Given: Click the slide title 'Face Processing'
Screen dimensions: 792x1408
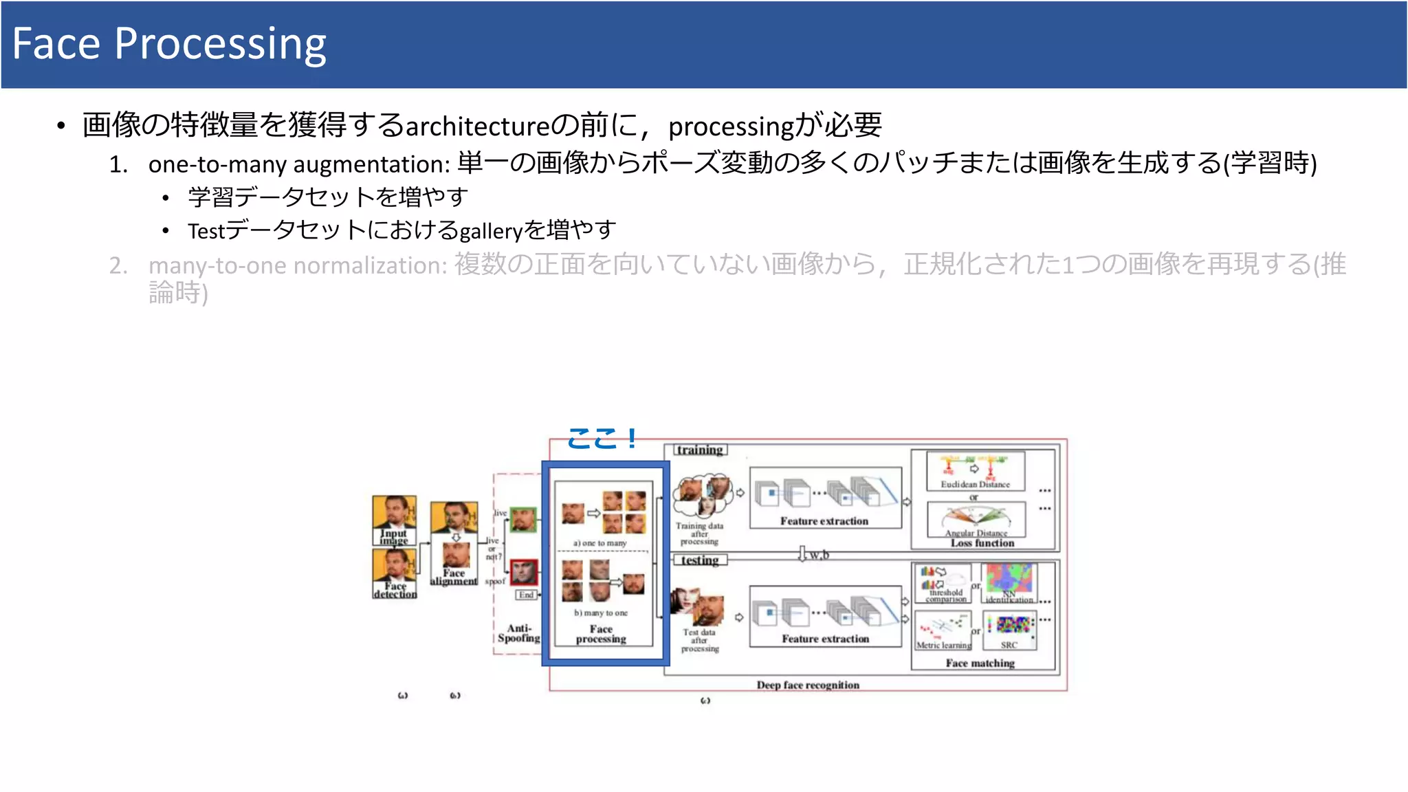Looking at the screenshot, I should coord(169,44).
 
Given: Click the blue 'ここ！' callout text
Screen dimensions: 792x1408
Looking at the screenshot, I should coord(602,439).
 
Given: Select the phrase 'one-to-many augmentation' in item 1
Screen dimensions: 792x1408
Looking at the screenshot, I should coord(299,164).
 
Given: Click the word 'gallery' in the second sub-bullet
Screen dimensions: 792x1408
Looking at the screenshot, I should coord(491,231).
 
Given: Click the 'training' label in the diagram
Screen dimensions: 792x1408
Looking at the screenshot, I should coord(699,450).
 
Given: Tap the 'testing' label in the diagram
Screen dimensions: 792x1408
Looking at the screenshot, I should coord(699,560).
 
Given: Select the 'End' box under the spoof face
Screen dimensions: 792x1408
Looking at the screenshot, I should coord(526,595).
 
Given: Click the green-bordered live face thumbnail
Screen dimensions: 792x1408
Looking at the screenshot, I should coord(522,520).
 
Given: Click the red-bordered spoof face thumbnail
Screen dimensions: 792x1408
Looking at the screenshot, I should coord(523,572).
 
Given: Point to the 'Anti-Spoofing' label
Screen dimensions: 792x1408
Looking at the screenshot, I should coord(519,633).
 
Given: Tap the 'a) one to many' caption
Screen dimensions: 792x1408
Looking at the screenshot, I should coord(600,543).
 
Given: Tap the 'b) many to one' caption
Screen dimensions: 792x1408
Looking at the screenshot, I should coord(601,613).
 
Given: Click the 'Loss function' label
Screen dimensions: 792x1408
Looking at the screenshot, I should coord(982,543).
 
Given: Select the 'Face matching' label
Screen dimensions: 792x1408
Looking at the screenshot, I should coord(980,663).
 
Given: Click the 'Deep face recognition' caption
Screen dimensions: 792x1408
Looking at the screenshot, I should coord(808,685).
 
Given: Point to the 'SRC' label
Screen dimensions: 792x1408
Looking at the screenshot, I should coord(1009,645).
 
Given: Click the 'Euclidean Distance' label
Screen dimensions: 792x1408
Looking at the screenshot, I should coord(975,485).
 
